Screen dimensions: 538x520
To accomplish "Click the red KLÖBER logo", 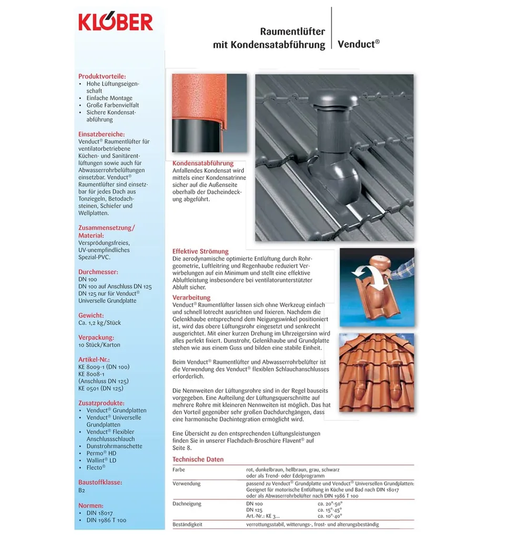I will click(116, 22).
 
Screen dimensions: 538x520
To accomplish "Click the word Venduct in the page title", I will click(356, 45).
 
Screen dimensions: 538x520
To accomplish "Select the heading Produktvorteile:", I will click(102, 76).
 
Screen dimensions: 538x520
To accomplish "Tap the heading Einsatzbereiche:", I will click(101, 134).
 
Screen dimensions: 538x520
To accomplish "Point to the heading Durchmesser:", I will click(98, 272).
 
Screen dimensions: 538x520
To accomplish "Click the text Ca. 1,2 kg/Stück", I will click(99, 323).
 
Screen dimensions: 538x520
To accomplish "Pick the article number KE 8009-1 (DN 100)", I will click(104, 367).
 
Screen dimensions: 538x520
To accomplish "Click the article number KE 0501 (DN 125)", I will click(100, 388).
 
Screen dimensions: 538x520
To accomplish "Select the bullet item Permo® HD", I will click(101, 453).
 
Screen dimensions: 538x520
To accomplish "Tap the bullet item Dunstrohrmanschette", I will click(114, 446).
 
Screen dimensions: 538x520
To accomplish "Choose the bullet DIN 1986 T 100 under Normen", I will click(106, 520).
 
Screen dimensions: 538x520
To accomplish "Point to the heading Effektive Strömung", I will click(200, 252).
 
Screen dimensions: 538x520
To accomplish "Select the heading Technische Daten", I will click(198, 460).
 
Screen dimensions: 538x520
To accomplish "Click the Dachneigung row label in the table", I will click(187, 504).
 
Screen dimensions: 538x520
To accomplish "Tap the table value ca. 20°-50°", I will click(330, 504).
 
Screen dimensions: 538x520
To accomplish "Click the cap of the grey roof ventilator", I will click(336, 98).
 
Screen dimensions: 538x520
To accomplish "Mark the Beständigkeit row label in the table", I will click(187, 524).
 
